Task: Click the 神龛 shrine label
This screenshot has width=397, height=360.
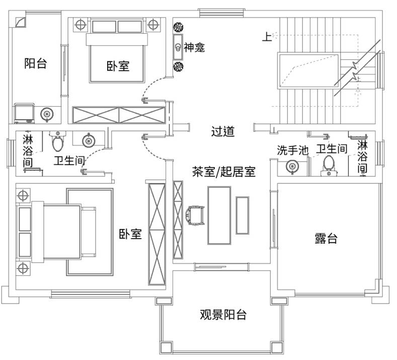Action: point(194,48)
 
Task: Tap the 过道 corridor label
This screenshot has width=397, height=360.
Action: point(222,131)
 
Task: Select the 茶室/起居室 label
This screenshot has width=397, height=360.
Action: point(224,172)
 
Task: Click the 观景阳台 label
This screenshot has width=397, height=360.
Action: point(223,316)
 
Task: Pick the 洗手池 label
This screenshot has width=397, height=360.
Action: point(292,150)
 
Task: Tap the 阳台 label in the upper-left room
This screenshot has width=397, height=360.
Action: point(36,63)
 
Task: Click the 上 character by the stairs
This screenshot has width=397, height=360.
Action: point(266,36)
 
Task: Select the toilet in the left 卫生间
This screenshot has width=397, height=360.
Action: point(58,142)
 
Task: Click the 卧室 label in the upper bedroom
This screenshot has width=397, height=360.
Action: point(118,66)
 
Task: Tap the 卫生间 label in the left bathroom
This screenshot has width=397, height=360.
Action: point(68,161)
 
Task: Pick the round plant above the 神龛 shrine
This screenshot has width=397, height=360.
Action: point(178,27)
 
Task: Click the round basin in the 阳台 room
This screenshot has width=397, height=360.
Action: point(46,114)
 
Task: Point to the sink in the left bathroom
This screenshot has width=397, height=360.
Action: point(89,140)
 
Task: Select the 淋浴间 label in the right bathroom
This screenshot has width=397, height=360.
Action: point(362,156)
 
